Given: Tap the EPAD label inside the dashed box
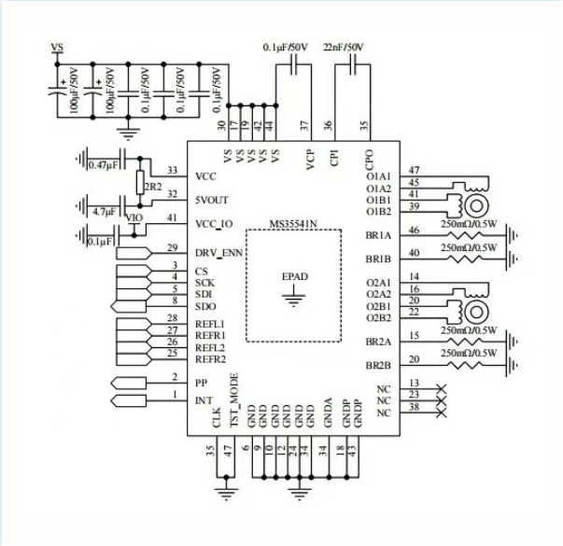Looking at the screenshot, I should [x=294, y=277].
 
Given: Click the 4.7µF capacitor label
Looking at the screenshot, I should [x=102, y=212].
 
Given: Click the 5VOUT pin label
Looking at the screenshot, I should [x=213, y=199].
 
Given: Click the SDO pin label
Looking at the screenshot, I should [x=206, y=305].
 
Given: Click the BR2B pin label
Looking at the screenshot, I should [x=378, y=365].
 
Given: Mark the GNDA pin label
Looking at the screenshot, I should [x=327, y=414].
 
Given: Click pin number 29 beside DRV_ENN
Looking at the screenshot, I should [x=171, y=247].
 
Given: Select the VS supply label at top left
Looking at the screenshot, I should [x=57, y=48].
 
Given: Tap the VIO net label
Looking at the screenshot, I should [x=134, y=217].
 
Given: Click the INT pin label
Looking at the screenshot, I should [x=203, y=400].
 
